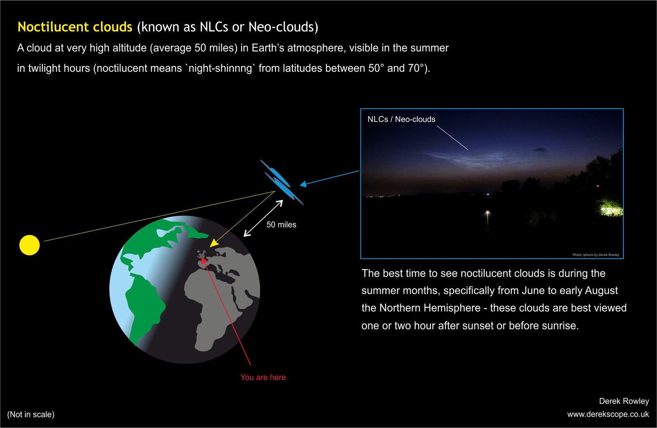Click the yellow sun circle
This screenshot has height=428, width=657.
(29, 245)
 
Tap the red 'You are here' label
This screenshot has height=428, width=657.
(263, 377)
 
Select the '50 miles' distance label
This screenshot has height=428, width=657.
(281, 224)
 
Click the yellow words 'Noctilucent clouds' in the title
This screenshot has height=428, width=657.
(75, 27)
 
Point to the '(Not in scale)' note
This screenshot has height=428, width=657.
(31, 414)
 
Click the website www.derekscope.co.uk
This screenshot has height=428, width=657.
(608, 414)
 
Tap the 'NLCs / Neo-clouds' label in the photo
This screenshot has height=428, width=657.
(401, 119)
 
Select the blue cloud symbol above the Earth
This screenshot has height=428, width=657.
(282, 182)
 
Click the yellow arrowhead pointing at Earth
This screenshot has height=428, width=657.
(214, 243)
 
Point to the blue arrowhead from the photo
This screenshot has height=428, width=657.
(303, 184)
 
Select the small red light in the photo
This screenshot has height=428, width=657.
(598, 186)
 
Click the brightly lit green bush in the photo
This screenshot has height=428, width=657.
(611, 208)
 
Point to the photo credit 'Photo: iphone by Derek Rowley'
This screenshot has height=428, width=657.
(596, 255)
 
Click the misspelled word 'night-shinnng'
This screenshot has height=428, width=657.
(220, 68)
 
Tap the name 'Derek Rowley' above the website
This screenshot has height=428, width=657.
(624, 401)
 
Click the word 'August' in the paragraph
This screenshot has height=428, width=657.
(601, 291)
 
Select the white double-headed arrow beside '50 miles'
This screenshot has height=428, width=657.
(263, 218)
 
